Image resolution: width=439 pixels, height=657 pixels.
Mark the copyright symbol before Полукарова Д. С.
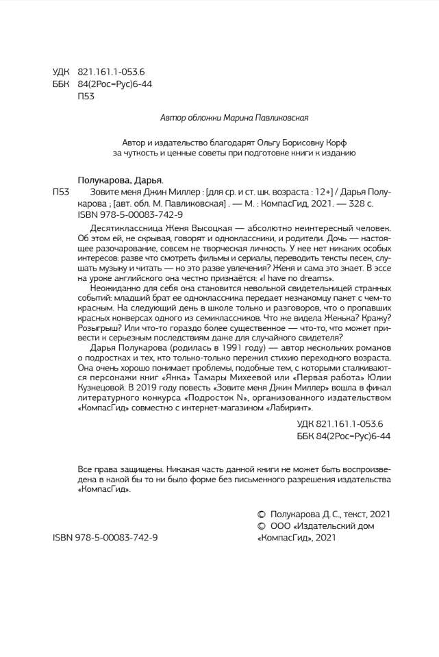pos(260,514)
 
